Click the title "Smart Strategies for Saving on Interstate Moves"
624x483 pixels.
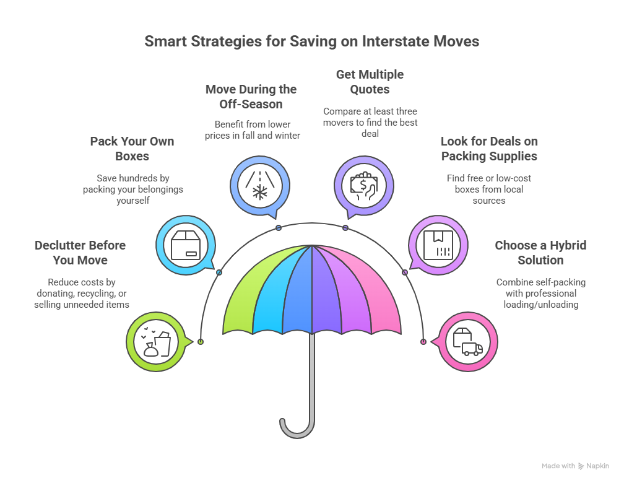coord(311,41)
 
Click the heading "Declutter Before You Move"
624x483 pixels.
coord(80,253)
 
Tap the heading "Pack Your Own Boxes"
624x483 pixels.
coord(132,149)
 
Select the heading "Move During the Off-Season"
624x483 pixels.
coord(251,97)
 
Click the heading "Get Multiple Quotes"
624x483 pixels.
coord(370,82)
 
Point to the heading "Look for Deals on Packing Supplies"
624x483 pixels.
coord(488,149)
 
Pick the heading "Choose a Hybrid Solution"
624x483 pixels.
coord(540,253)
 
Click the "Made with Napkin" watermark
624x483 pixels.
coord(575,466)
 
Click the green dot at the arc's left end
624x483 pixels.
coord(200,342)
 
